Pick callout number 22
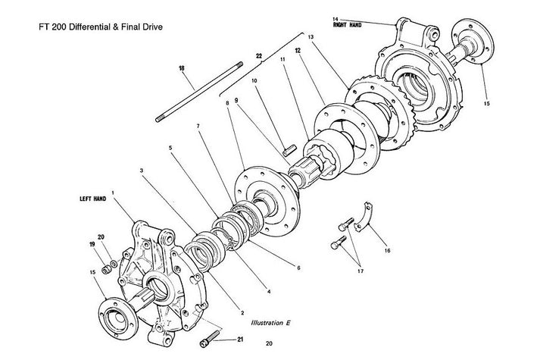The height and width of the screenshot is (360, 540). (x=259, y=56)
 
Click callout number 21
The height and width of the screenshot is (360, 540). (x=241, y=340)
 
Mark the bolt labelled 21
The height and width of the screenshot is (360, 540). (x=210, y=340)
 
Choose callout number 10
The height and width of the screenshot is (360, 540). (x=254, y=80)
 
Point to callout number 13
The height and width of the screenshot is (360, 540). (x=310, y=36)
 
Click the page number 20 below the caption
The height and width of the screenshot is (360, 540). (x=270, y=343)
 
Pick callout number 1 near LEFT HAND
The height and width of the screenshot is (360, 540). (x=113, y=193)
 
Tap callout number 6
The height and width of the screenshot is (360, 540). (x=298, y=267)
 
